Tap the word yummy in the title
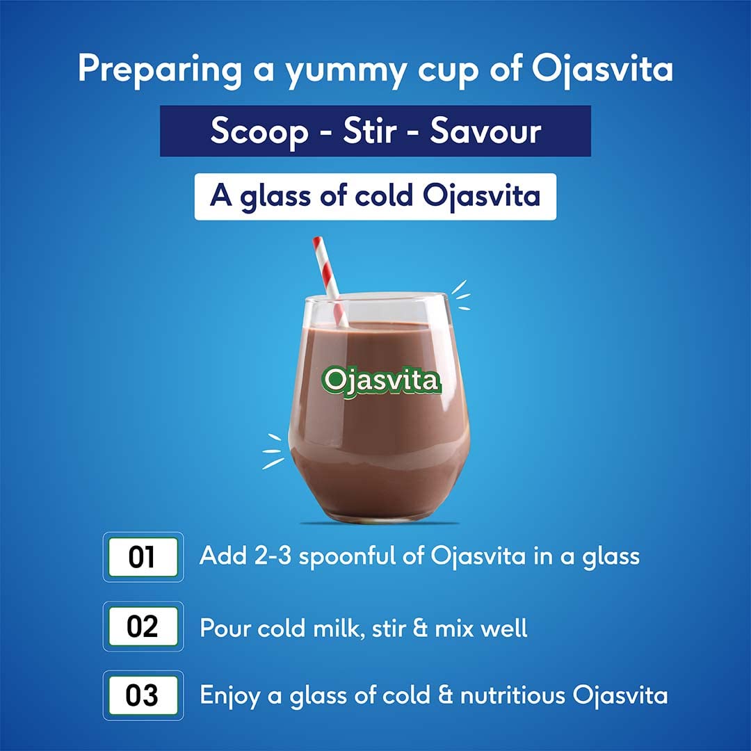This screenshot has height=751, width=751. [336, 70]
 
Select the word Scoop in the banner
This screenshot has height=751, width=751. [259, 131]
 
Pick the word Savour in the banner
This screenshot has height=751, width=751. [485, 131]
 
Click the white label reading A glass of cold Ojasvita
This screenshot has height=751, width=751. [375, 197]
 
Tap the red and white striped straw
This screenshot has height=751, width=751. [330, 278]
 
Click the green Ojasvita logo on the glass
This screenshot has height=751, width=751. [381, 380]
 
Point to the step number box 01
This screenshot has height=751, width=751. [142, 557]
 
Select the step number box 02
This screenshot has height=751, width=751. [142, 627]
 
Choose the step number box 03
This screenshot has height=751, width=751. [142, 695]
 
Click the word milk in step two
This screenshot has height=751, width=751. [328, 627]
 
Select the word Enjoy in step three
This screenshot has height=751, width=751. [231, 696]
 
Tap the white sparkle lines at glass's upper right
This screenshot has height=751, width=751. [460, 295]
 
